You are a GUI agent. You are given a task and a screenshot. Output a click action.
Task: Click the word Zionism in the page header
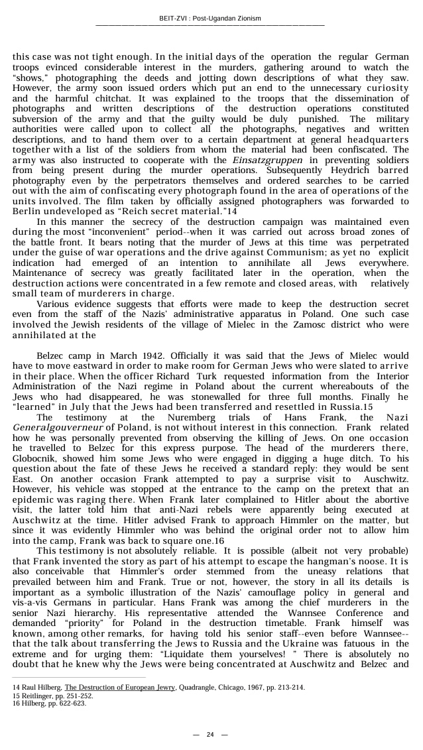pyautogui.click(x=246, y=18)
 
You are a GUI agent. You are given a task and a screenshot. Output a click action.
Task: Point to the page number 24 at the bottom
pyautogui.click(x=210, y=734)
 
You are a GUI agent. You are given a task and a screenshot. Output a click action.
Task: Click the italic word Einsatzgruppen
pyautogui.click(x=267, y=160)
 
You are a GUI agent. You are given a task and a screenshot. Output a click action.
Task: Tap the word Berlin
pyautogui.click(x=27, y=211)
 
